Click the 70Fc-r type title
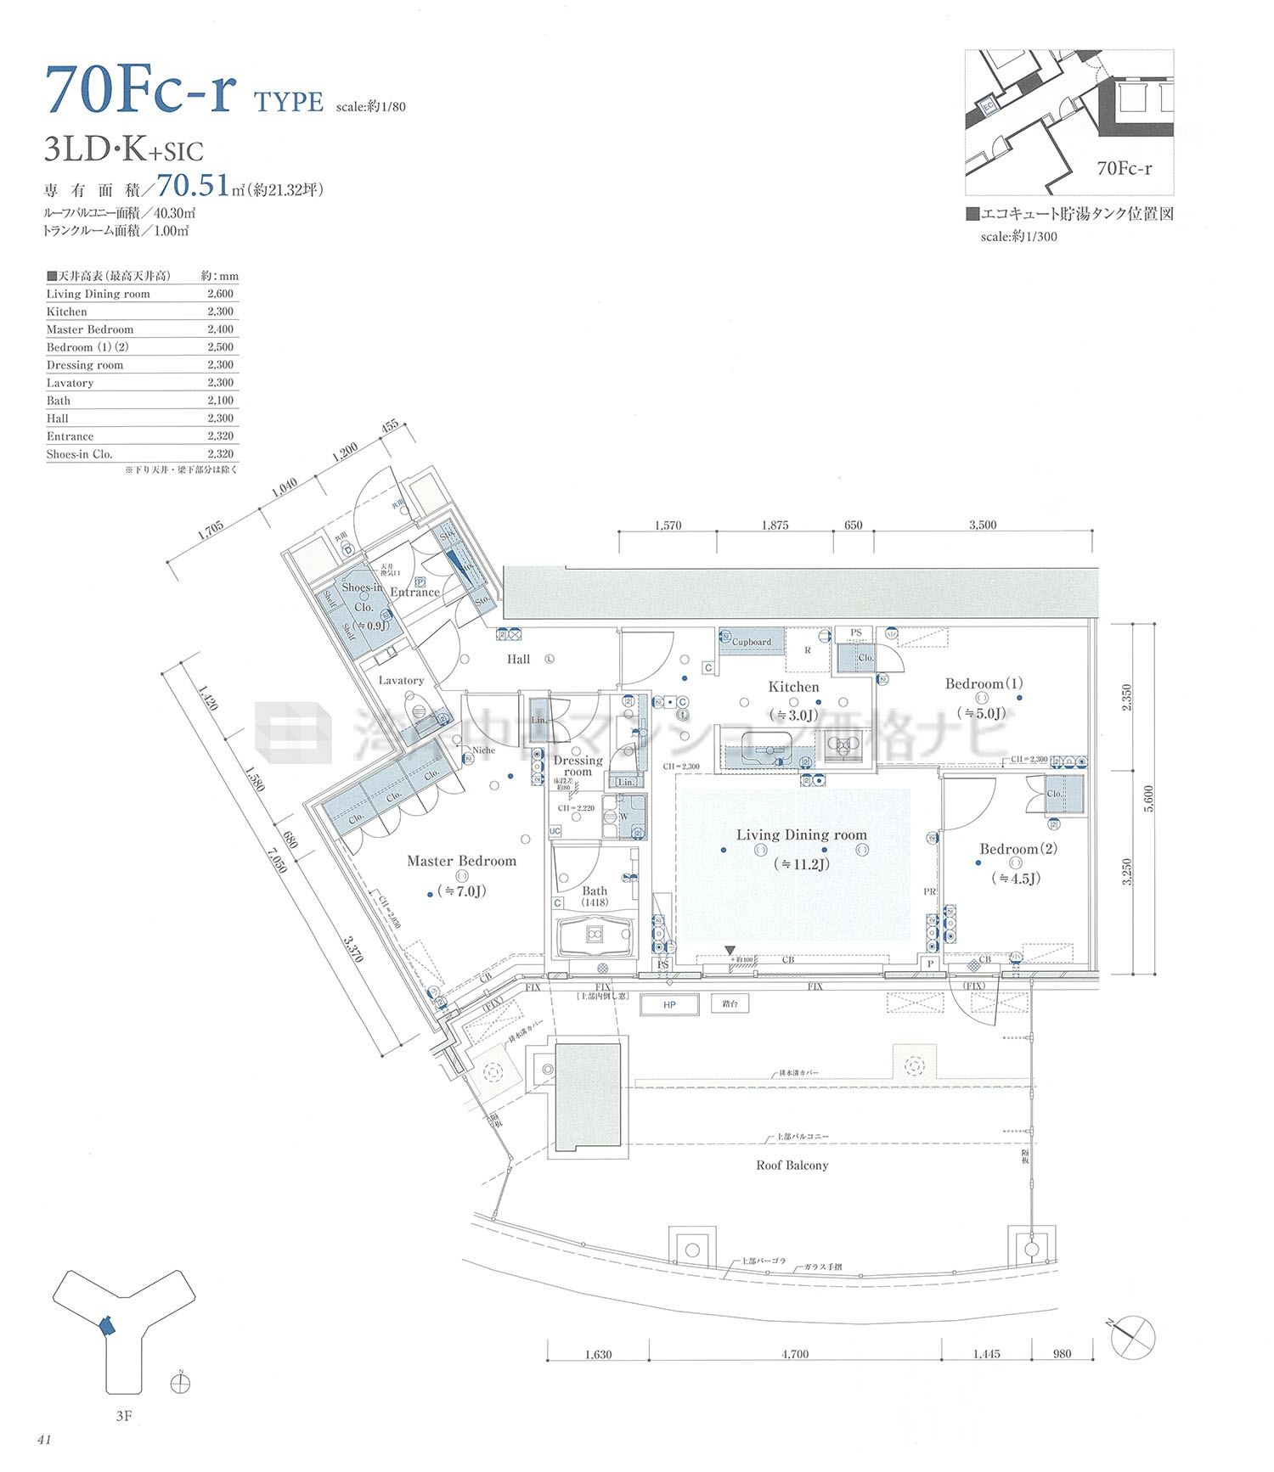pyautogui.click(x=141, y=90)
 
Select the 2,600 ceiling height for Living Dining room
pyautogui.click(x=220, y=294)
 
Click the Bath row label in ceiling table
pyautogui.click(x=59, y=401)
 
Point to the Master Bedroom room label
pyautogui.click(x=461, y=861)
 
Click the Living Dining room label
pyautogui.click(x=801, y=835)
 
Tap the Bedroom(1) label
pyautogui.click(x=984, y=683)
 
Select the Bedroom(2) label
pyautogui.click(x=1018, y=849)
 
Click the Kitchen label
pyautogui.click(x=793, y=687)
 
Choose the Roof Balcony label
pyautogui.click(x=792, y=1166)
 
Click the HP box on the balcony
pyautogui.click(x=669, y=1005)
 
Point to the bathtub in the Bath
pyautogui.click(x=595, y=935)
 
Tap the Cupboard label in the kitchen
pyautogui.click(x=751, y=642)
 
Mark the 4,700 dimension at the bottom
pyautogui.click(x=795, y=1354)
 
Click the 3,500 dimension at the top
pyautogui.click(x=983, y=525)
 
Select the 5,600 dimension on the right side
pyautogui.click(x=1148, y=798)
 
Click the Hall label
pyautogui.click(x=518, y=659)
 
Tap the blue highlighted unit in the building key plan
pyautogui.click(x=106, y=1326)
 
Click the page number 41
pyautogui.click(x=44, y=1440)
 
